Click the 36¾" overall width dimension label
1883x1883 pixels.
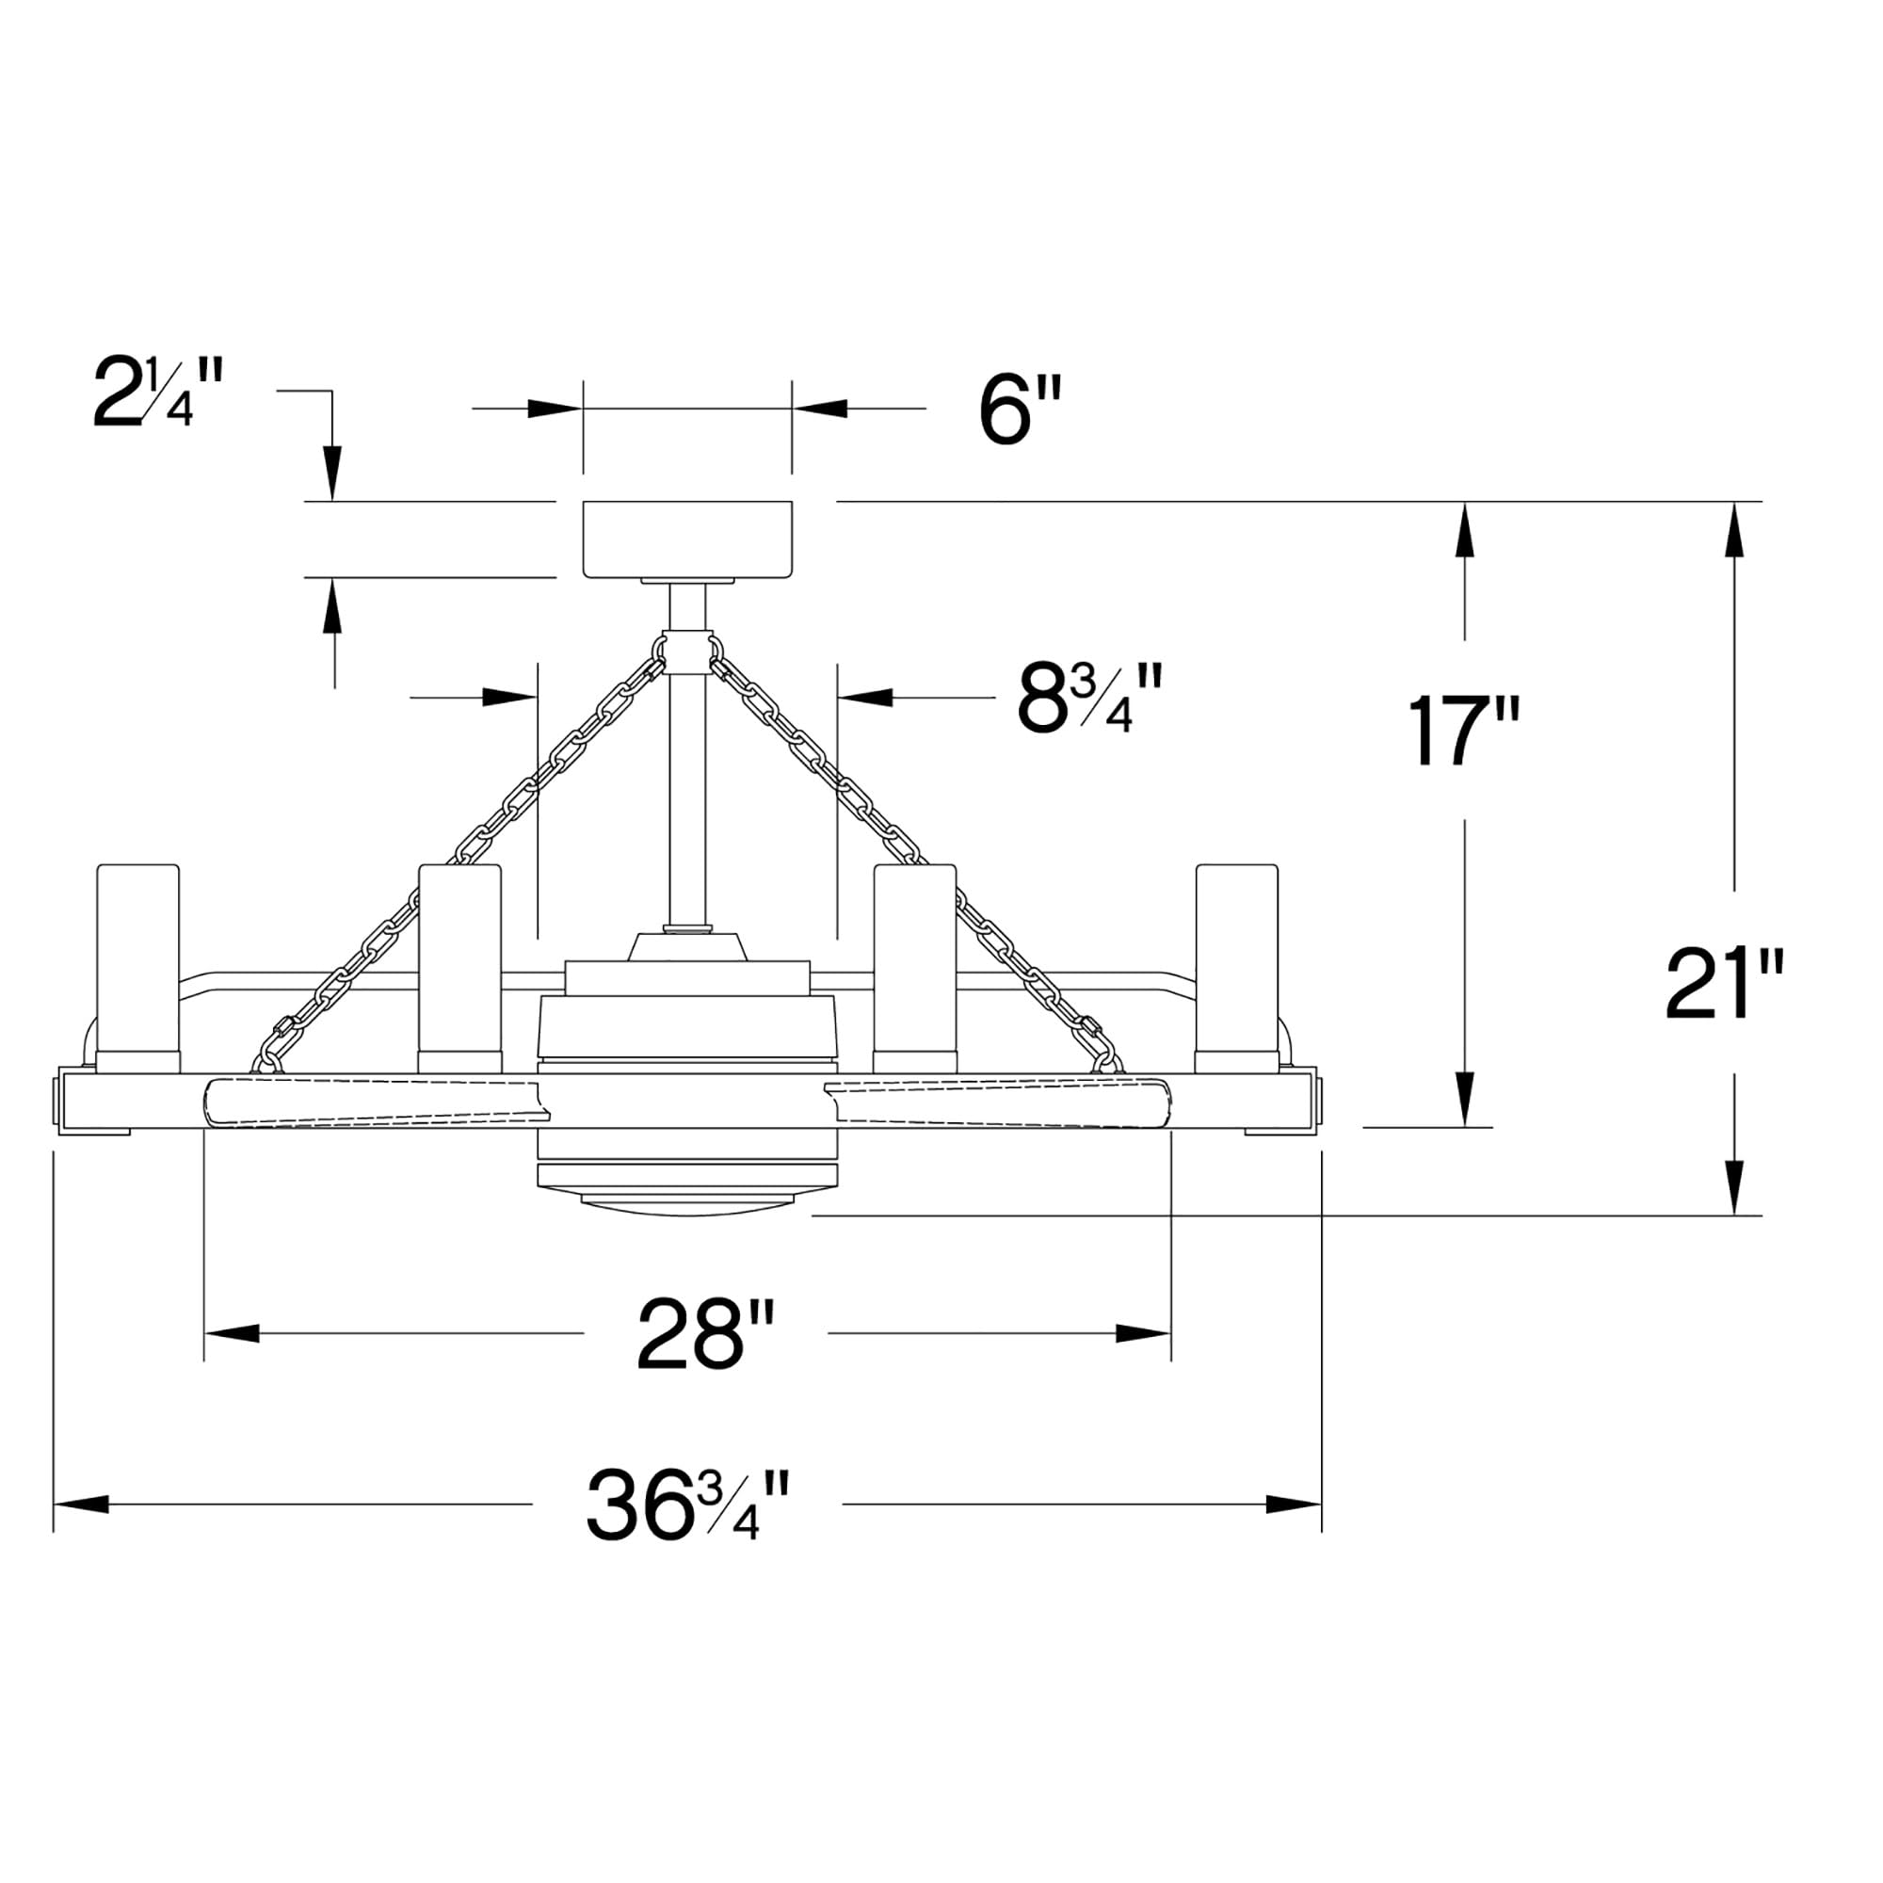coord(688,1505)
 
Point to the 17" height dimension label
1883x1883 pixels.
coord(1463,730)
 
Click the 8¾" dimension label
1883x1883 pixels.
coord(1089,698)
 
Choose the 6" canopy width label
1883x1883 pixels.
coord(1020,410)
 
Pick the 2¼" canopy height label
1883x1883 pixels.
coord(159,392)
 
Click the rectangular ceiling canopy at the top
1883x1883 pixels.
coord(687,539)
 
